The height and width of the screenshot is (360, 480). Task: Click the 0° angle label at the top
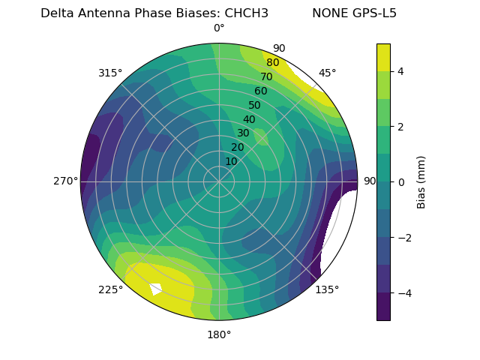219,28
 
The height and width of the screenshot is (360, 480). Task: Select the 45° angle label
327,73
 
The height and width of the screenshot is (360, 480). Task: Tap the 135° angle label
327,289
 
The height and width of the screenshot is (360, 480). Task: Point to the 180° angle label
219,334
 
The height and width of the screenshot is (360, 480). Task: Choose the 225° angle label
110,289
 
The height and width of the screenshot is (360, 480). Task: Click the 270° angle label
65,181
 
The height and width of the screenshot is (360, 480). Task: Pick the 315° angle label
110,73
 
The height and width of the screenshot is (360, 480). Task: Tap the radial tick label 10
231,161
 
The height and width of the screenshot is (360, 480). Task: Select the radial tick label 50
254,106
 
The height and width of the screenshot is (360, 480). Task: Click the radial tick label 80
272,63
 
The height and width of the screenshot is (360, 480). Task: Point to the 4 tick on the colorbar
400,71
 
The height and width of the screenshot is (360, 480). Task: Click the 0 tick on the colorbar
400,182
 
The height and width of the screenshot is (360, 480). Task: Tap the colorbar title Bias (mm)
421,181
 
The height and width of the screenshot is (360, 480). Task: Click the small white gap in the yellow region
156,289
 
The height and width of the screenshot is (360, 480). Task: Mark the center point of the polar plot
219,181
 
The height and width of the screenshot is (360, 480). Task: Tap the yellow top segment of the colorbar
383,57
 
